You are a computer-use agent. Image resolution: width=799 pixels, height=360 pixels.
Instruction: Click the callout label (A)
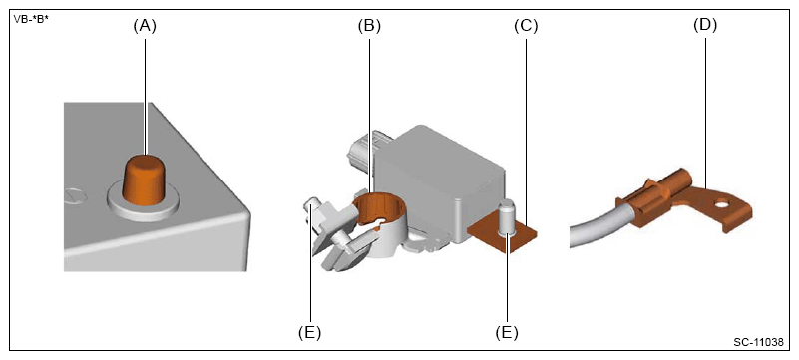[145, 27]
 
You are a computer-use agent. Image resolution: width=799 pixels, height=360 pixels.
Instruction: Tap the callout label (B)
[369, 27]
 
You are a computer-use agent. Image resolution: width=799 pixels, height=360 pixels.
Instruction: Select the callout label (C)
[526, 27]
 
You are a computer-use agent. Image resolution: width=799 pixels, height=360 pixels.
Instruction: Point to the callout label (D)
[705, 27]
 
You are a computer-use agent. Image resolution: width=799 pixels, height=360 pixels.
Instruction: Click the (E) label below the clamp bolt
[309, 332]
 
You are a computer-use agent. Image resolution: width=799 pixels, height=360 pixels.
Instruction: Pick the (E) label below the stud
[507, 332]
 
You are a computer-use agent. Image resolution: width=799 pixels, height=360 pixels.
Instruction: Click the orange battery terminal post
[145, 180]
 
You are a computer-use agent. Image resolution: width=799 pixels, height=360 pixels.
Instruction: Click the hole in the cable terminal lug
[720, 206]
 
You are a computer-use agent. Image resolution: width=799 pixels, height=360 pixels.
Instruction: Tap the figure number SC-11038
[758, 342]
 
